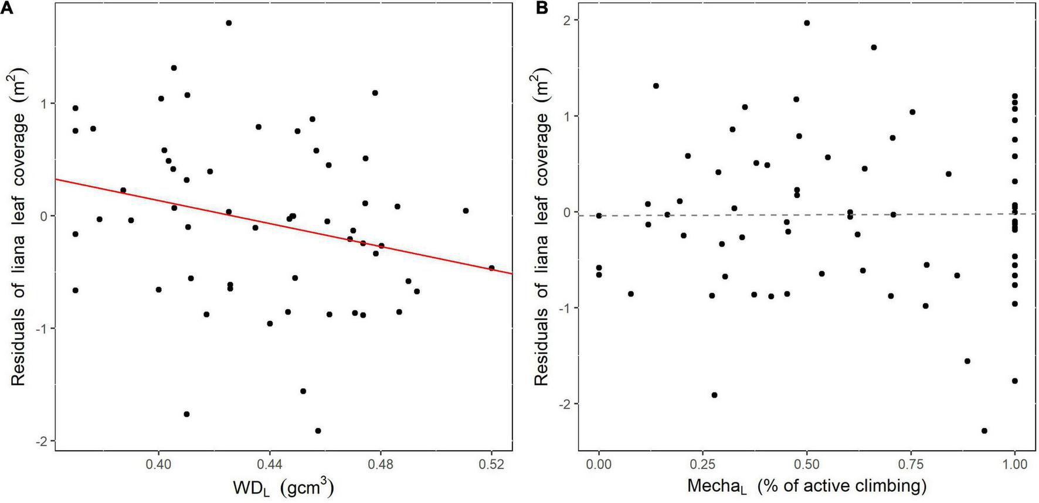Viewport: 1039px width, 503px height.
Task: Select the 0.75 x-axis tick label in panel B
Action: tap(911, 464)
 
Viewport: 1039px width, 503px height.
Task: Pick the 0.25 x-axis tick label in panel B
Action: tap(702, 464)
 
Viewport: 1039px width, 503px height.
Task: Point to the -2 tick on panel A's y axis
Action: tap(42, 441)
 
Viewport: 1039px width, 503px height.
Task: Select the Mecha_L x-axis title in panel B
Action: tap(806, 486)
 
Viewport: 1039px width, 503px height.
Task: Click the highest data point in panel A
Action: tap(229, 23)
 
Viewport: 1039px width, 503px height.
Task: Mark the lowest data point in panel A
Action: tap(318, 431)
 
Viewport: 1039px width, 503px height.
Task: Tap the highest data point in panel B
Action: tap(807, 23)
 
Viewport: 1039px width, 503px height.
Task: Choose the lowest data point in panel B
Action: tap(984, 431)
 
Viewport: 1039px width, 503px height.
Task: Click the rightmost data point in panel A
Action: tap(491, 268)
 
